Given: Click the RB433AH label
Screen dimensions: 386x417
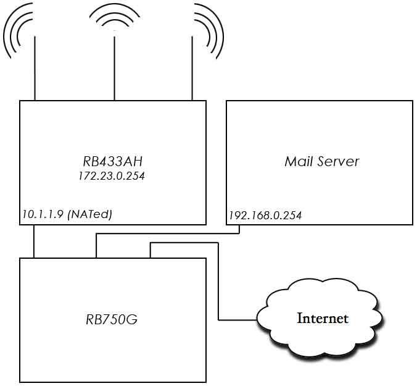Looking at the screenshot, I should point(112,162).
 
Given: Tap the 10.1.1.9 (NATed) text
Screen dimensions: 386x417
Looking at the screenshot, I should point(67,214).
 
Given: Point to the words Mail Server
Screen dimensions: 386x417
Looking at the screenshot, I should point(321,162).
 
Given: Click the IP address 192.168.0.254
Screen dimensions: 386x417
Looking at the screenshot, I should point(265,216).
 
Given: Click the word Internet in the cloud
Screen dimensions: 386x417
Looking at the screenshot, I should point(323,319).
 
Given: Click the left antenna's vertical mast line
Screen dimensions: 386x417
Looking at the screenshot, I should point(35,68).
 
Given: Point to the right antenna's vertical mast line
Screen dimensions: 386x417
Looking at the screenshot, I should point(192,68).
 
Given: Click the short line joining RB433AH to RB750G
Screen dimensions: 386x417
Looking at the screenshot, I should point(35,241).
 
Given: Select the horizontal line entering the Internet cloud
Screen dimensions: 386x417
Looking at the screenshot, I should point(237,320).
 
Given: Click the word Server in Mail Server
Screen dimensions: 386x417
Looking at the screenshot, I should point(339,162).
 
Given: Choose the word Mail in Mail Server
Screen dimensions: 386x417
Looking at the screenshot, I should point(298,162).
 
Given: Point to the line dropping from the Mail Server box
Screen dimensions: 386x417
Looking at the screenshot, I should point(240,229).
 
